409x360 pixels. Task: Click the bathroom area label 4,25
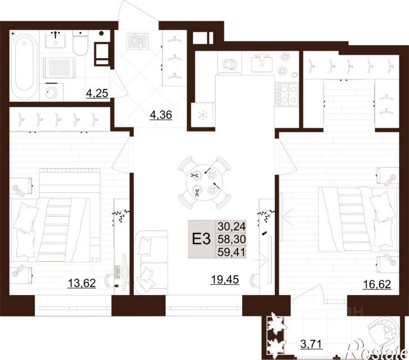97,93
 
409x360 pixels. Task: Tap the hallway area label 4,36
161,115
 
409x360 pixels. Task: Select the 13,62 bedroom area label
82,283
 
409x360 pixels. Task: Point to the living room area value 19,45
225,280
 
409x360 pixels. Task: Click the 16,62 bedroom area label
377,284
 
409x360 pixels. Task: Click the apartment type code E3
201,239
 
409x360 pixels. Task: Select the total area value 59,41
232,252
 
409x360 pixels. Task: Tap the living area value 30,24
232,226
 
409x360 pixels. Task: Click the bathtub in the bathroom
24,66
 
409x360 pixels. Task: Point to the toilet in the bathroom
80,42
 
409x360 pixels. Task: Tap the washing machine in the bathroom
51,92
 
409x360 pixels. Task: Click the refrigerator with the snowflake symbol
203,115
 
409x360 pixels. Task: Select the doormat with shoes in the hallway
137,42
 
